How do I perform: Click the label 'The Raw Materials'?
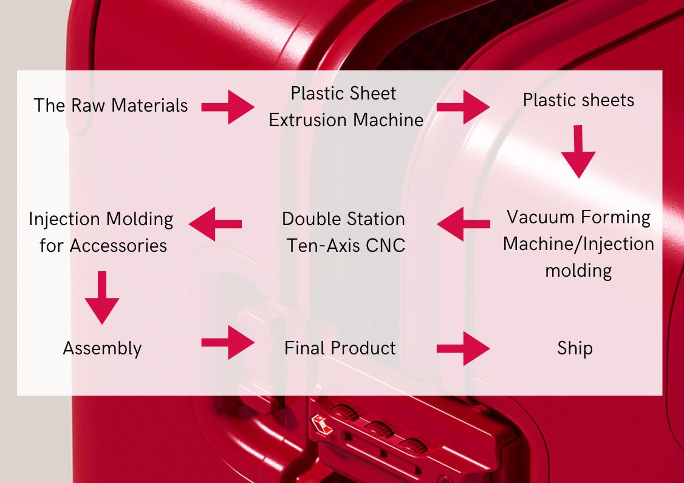tap(111, 106)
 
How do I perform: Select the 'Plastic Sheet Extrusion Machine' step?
tap(346, 106)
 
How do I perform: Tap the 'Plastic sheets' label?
tap(578, 100)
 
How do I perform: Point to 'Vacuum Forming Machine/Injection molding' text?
tap(578, 244)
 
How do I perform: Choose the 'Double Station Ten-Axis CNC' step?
tap(344, 232)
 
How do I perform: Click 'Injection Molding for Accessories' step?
tap(101, 232)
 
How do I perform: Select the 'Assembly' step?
tap(102, 349)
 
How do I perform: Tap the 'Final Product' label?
tap(340, 348)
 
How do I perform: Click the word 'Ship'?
tap(575, 348)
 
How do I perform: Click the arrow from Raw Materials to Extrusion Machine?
tap(228, 107)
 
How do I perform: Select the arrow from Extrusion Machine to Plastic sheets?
tap(463, 107)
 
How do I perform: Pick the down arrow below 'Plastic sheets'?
tap(578, 152)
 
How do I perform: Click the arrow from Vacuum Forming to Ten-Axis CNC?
tap(463, 224)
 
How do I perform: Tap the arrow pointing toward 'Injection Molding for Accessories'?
tap(215, 224)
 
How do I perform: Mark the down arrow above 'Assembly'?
tap(102, 298)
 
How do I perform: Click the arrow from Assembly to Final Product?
tap(228, 343)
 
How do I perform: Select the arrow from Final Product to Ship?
tap(463, 348)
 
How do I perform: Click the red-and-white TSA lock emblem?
tap(321, 424)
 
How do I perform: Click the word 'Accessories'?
tap(118, 246)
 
